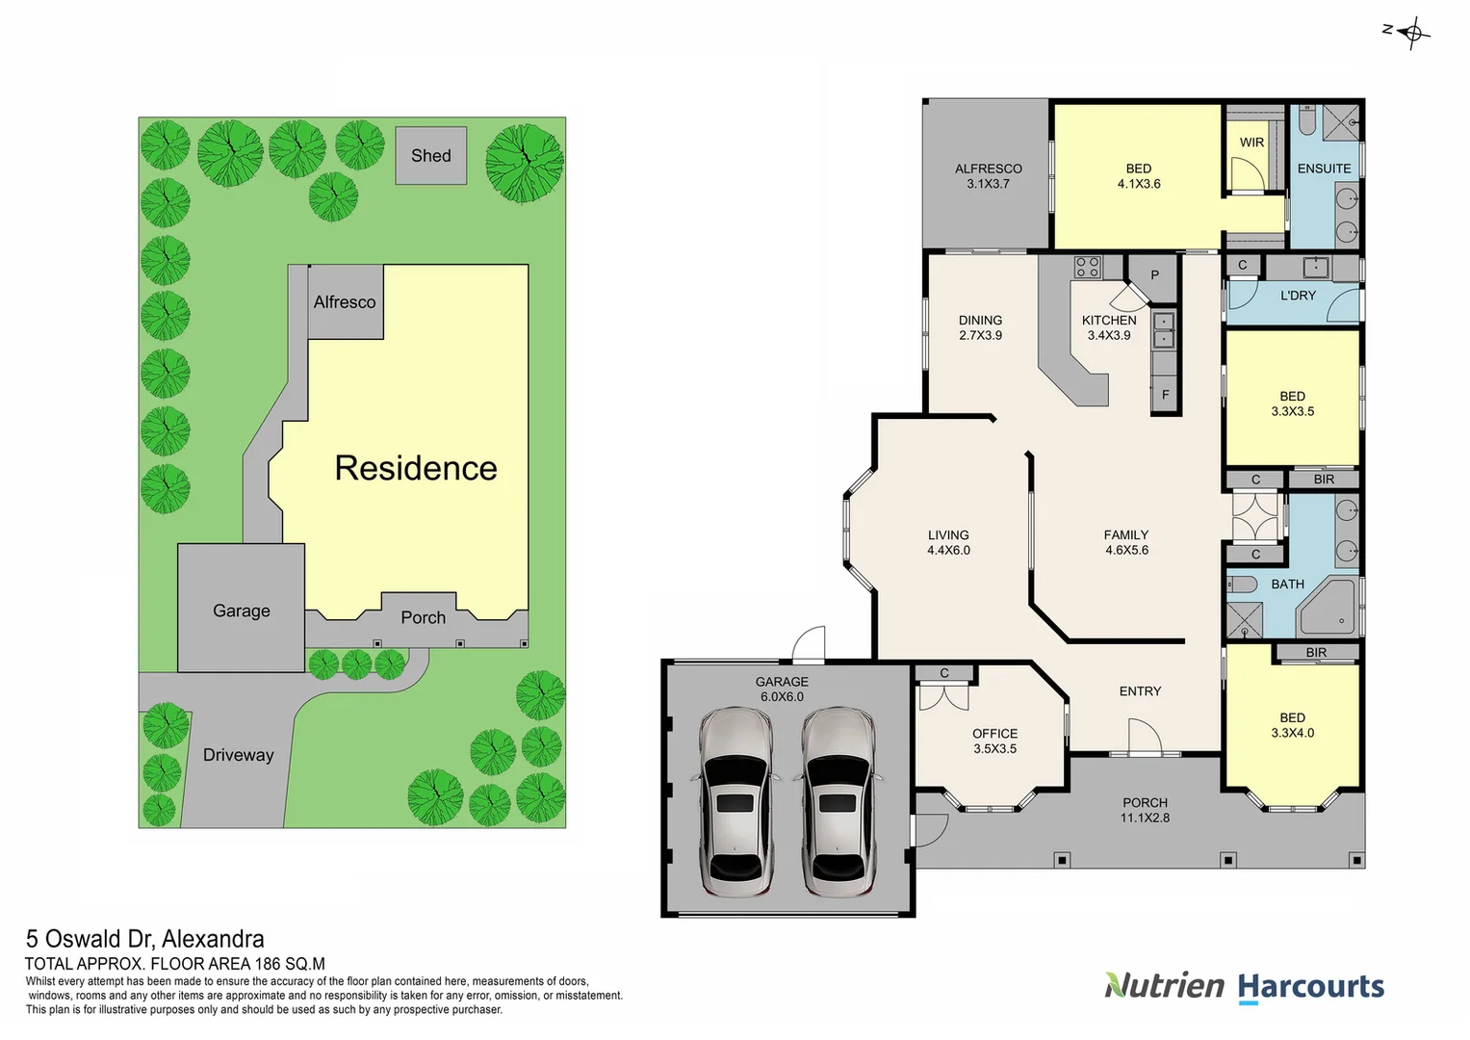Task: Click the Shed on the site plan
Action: click(430, 155)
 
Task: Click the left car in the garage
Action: click(735, 801)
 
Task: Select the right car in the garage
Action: click(838, 801)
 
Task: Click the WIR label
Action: click(1251, 143)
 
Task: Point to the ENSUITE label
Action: click(1324, 169)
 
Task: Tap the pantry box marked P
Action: click(1154, 275)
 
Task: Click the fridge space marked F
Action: click(1165, 395)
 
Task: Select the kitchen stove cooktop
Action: click(1088, 267)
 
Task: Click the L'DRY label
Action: click(1298, 296)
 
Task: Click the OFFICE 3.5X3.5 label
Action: click(994, 741)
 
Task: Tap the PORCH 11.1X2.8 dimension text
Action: click(1145, 818)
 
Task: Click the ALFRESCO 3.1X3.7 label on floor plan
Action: click(988, 176)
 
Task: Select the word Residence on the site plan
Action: click(416, 468)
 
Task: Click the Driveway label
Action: click(238, 755)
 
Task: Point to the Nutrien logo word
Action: click(1164, 986)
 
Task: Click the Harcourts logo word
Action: click(1310, 987)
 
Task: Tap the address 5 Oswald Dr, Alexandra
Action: click(145, 939)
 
